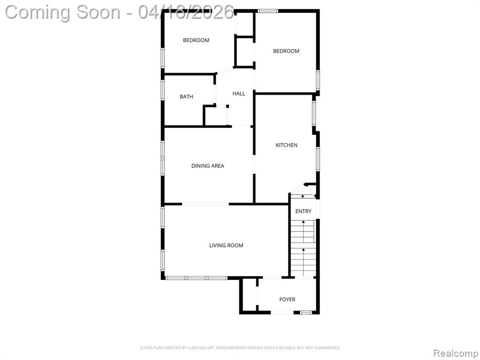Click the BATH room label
point(187,97)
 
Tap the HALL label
point(239,94)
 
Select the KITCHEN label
point(286,145)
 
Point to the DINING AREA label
point(208,166)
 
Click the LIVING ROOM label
point(226,246)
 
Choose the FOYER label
point(287,300)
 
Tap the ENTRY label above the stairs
point(303,211)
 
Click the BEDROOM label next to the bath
point(196,40)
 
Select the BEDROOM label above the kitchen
point(286,51)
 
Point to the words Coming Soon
point(63,12)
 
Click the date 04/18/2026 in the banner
point(186,12)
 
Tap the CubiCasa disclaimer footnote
point(240,348)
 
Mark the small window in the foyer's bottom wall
point(306,312)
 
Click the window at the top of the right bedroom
point(268,11)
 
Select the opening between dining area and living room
point(205,204)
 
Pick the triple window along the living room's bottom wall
point(196,278)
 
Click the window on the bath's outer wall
point(163,90)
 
